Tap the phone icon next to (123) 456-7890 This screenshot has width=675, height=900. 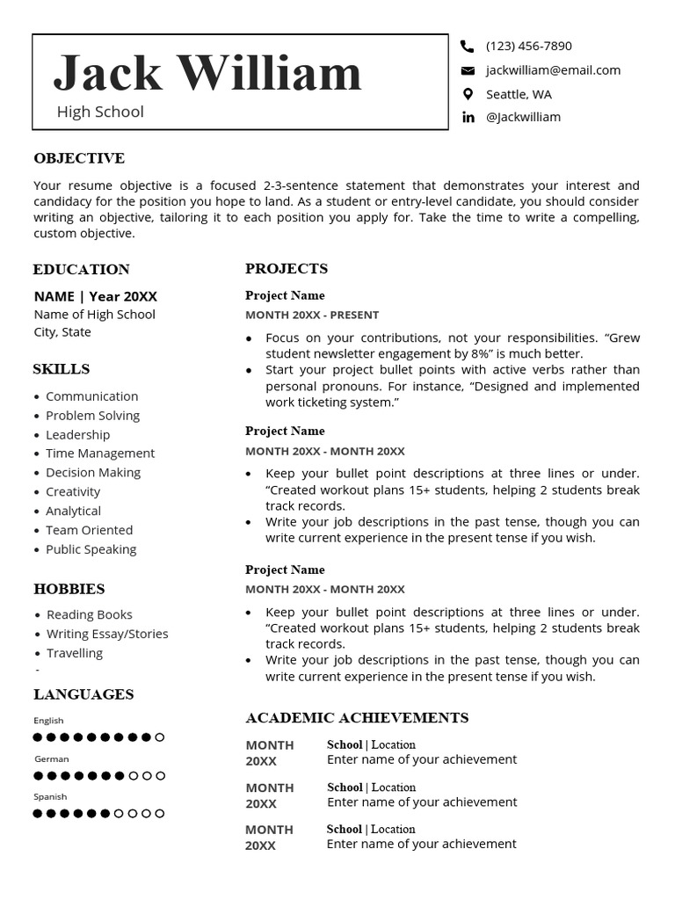pyautogui.click(x=468, y=46)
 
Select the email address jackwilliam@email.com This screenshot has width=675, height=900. pyautogui.click(x=553, y=70)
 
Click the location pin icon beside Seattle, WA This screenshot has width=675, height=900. pyautogui.click(x=468, y=94)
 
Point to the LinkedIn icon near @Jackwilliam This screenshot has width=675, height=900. pyautogui.click(x=468, y=117)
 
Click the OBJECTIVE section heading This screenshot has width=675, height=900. pyautogui.click(x=79, y=158)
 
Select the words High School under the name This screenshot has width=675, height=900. pyautogui.click(x=100, y=112)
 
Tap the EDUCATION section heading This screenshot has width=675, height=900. pyautogui.click(x=81, y=269)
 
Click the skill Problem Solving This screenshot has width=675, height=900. pyautogui.click(x=92, y=415)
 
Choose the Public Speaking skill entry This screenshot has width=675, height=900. pyautogui.click(x=91, y=549)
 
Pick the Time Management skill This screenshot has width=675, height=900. pyautogui.click(x=99, y=454)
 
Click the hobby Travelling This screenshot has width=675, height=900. pyautogui.click(x=75, y=653)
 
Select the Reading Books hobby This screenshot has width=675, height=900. pyautogui.click(x=89, y=614)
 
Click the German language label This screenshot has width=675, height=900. pyautogui.click(x=51, y=758)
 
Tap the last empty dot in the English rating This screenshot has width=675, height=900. pyautogui.click(x=159, y=737)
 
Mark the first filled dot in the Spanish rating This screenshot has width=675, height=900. pyautogui.click(x=38, y=814)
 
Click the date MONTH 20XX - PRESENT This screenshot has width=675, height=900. pyautogui.click(x=312, y=315)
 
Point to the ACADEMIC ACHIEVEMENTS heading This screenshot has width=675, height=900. pyautogui.click(x=357, y=718)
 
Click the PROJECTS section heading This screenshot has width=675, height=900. pyautogui.click(x=287, y=268)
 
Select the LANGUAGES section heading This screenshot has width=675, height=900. pyautogui.click(x=83, y=694)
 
